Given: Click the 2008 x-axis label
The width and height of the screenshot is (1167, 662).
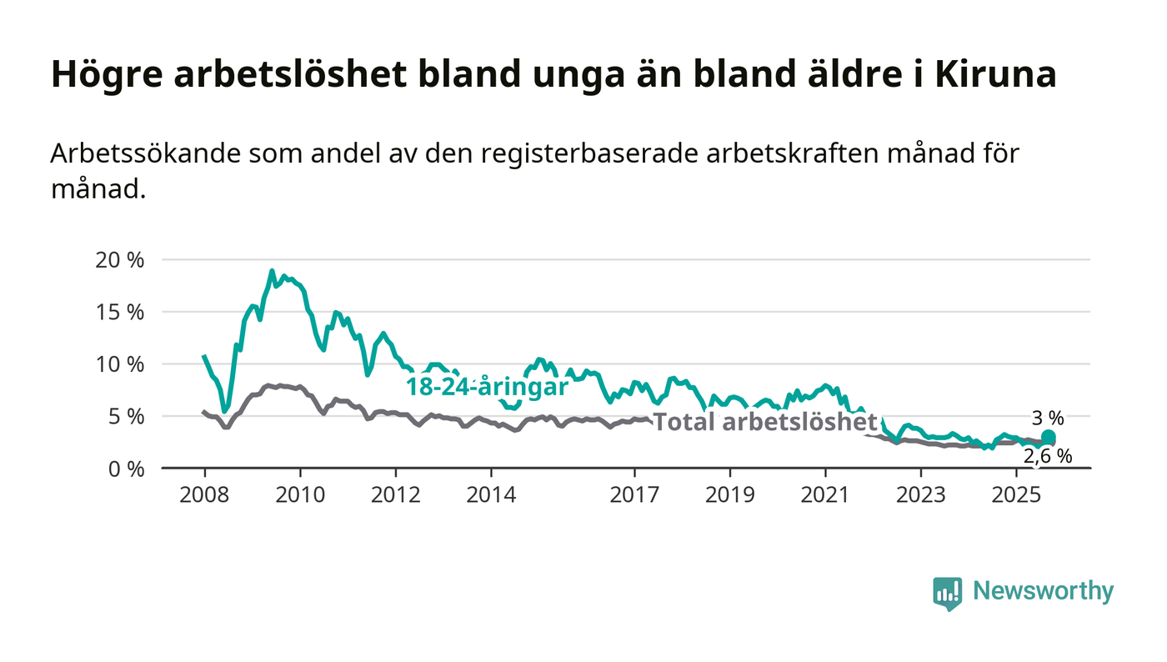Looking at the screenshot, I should pyautogui.click(x=204, y=494).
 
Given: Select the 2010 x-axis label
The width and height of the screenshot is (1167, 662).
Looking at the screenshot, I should pyautogui.click(x=300, y=494).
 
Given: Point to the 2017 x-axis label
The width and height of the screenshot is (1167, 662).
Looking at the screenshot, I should pyautogui.click(x=635, y=494).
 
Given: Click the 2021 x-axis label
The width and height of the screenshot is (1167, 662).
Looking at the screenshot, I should pyautogui.click(x=825, y=494).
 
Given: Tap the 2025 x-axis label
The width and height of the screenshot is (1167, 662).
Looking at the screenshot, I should pyautogui.click(x=1016, y=494).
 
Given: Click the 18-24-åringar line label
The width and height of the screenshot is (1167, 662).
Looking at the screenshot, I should pyautogui.click(x=487, y=387).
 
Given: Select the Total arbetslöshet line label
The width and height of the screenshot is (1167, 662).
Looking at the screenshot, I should pyautogui.click(x=765, y=422).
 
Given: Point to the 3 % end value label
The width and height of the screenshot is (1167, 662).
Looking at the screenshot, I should pyautogui.click(x=1049, y=419).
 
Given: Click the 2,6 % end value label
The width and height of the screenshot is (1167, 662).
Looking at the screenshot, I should pyautogui.click(x=1047, y=456).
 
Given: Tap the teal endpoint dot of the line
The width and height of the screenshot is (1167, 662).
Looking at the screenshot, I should pyautogui.click(x=1049, y=438).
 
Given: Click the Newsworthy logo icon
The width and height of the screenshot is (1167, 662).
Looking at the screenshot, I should pyautogui.click(x=947, y=593).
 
